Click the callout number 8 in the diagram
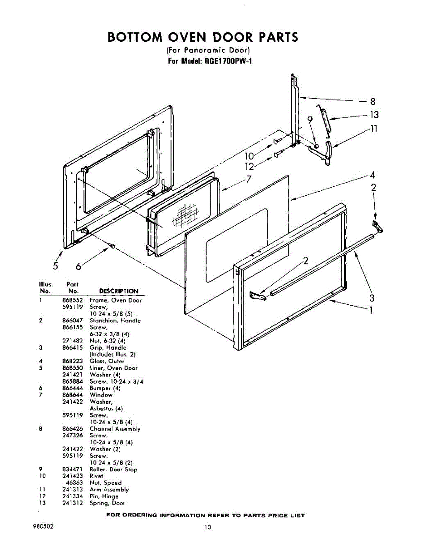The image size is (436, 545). click(372, 102)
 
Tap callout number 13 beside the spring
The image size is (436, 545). click(374, 115)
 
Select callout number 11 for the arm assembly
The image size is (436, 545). click(373, 129)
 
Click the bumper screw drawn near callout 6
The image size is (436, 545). click(112, 246)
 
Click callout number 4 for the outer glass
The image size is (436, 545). click(372, 175)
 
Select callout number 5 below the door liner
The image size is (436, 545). click(55, 266)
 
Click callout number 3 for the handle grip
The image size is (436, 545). click(372, 298)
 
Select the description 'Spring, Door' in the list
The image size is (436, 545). click(107, 503)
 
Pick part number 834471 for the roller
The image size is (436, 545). click(72, 469)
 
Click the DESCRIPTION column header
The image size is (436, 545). click(118, 291)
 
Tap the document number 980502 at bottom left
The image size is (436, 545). click(44, 526)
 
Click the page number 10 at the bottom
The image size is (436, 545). click(207, 527)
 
